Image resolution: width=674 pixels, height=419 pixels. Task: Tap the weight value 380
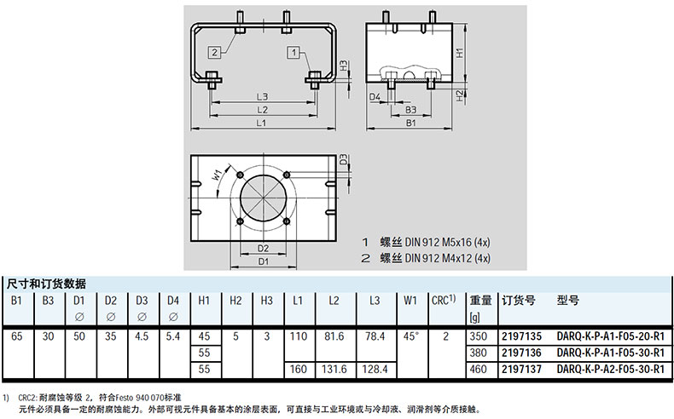point(479,353)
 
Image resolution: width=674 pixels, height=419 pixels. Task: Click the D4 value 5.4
point(173,336)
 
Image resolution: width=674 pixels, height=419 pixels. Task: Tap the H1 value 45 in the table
point(205,336)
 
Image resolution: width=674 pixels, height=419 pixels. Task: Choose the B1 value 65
point(17,336)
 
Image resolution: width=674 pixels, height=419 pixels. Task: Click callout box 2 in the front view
point(214,52)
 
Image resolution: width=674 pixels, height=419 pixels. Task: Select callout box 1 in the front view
point(295,53)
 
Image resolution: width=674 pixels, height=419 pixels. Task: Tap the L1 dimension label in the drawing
point(261,123)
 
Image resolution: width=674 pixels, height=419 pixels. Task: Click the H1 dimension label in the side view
point(458,52)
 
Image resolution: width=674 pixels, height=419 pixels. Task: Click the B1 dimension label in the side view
point(410,123)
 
